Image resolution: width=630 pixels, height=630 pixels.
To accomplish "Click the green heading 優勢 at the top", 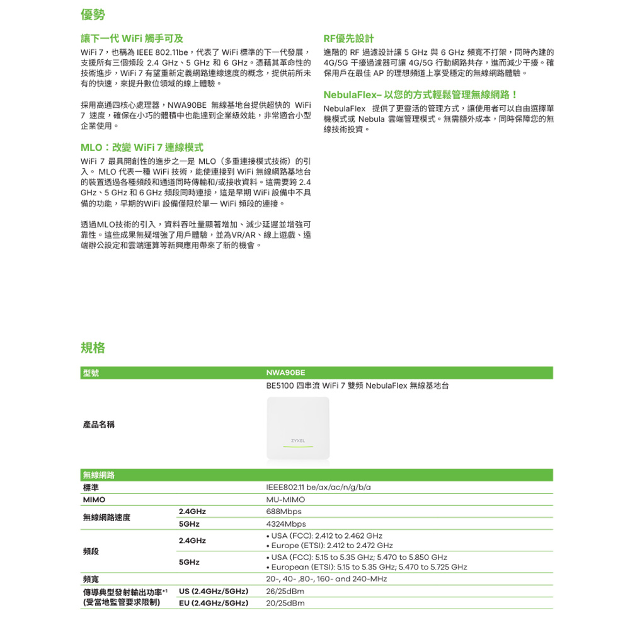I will (x=93, y=14).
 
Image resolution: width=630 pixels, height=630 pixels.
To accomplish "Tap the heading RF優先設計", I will (x=348, y=38).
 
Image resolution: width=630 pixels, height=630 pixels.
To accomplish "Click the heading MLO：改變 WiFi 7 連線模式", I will (x=142, y=147).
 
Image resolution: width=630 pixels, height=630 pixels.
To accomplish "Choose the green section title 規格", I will (x=93, y=348).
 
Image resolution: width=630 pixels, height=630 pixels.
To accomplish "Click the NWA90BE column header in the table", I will (x=287, y=374).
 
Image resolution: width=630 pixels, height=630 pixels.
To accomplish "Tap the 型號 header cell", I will (x=91, y=374).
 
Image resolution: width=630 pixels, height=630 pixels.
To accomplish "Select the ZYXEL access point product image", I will (x=299, y=431).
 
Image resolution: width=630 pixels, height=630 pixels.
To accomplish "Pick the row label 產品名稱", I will (x=99, y=425).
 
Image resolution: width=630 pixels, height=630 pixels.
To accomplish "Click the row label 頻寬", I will (x=91, y=579).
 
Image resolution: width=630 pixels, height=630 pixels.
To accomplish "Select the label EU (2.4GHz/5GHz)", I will (x=213, y=604).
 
